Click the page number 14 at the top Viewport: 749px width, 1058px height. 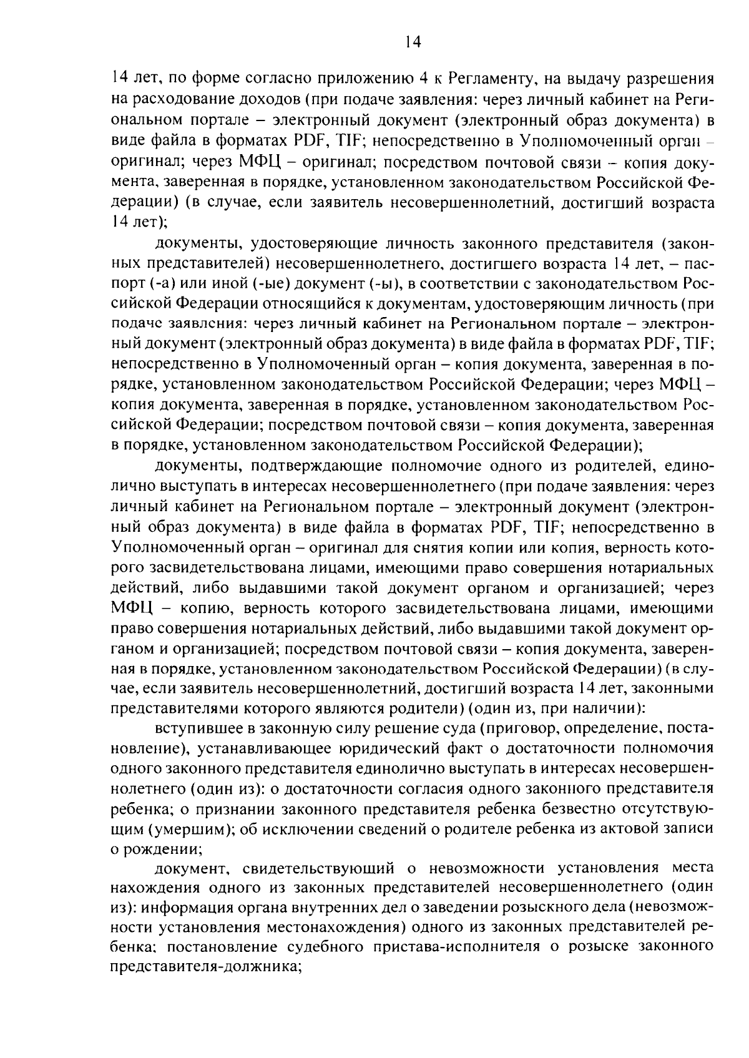click(412, 42)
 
